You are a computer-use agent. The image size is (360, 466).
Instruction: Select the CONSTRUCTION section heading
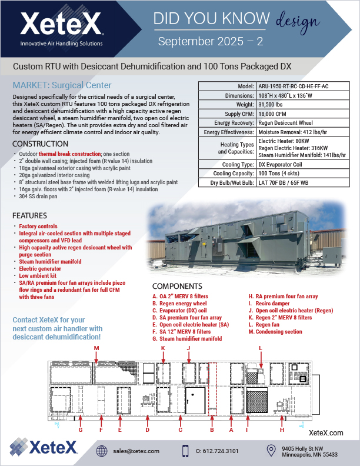(x=39, y=144)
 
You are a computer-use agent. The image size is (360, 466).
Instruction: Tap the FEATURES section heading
(x=29, y=215)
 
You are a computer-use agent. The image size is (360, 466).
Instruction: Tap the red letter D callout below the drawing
(x=147, y=430)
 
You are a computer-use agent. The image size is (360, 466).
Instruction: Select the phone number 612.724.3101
(x=217, y=451)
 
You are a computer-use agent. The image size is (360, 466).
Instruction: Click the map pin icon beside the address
(x=271, y=451)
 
